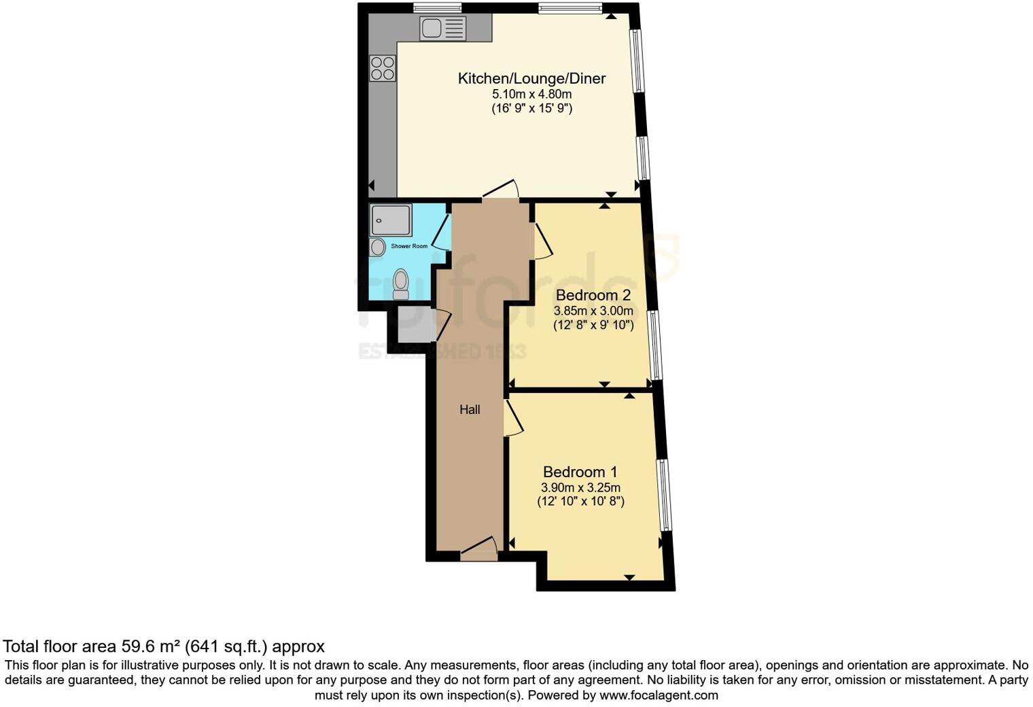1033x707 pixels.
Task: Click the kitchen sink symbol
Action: click(442, 29)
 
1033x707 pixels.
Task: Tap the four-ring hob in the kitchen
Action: click(383, 68)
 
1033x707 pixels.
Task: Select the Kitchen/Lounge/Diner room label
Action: click(531, 78)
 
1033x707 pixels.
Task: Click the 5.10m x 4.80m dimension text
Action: click(531, 94)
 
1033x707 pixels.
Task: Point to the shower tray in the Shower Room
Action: click(390, 220)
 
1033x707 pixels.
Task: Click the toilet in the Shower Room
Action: click(401, 283)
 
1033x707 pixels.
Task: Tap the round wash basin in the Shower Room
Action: click(378, 247)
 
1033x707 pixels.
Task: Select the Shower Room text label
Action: click(409, 246)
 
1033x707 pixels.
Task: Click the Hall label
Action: click(470, 409)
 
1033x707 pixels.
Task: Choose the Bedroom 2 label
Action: click(593, 295)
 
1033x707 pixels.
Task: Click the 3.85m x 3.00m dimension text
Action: click(593, 311)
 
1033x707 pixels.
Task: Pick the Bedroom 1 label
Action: click(580, 472)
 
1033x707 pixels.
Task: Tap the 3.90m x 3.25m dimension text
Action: click(580, 487)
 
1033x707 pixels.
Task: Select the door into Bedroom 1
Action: click(512, 417)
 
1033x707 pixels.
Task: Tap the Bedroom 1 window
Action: click(665, 494)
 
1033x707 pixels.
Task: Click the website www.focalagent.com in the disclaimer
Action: click(659, 695)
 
